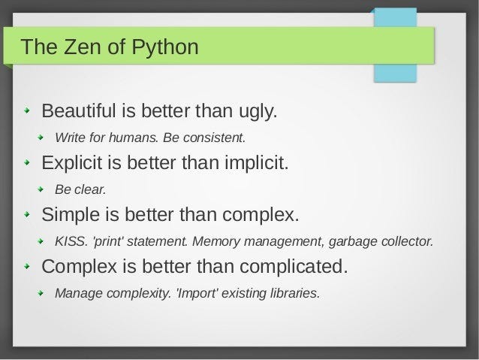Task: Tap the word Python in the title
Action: pyautogui.click(x=166, y=48)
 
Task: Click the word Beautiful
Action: pyautogui.click(x=79, y=112)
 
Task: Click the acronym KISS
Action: pyautogui.click(x=68, y=241)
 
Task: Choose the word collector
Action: pyautogui.click(x=406, y=241)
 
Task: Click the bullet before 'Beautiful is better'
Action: pyautogui.click(x=28, y=113)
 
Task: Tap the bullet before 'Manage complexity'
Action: pyautogui.click(x=42, y=292)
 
